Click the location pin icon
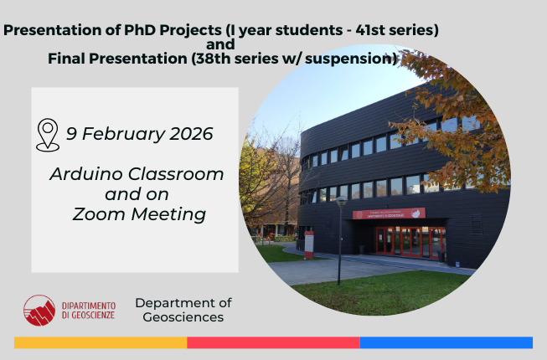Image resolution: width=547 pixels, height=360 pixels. click(48, 135)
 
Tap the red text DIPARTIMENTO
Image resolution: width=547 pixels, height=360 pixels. click(89, 305)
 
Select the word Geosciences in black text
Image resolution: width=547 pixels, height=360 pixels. click(183, 317)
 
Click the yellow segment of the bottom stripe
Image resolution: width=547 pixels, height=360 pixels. click(101, 342)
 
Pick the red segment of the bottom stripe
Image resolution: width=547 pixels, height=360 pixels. click(273, 342)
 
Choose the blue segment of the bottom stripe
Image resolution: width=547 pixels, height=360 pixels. click(446, 342)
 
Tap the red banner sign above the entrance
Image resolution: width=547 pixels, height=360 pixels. click(389, 214)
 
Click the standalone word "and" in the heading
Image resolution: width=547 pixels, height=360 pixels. click(219, 44)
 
